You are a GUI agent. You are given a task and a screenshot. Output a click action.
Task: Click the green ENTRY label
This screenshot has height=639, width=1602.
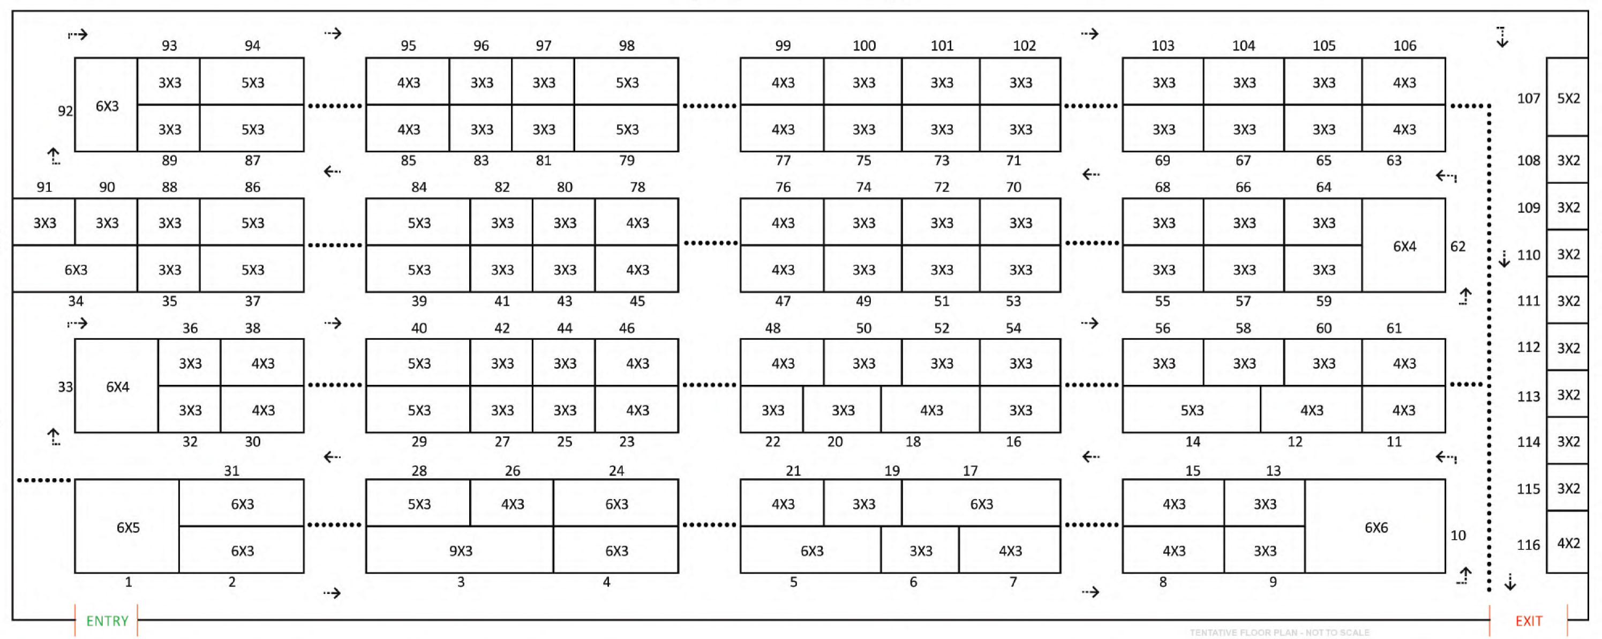pos(107,620)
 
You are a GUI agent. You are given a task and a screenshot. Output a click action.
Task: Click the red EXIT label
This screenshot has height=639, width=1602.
pos(1528,620)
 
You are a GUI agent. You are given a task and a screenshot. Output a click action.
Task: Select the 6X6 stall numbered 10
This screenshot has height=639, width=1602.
pos(1375,526)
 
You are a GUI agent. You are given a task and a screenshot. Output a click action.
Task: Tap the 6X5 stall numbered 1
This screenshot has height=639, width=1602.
pos(127,526)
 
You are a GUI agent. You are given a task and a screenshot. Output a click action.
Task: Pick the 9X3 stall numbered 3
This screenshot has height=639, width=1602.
pos(460,550)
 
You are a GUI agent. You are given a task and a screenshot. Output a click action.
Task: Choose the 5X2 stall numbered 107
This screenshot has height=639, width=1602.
pos(1567,98)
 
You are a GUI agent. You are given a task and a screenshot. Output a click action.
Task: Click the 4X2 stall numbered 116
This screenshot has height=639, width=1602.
pos(1567,543)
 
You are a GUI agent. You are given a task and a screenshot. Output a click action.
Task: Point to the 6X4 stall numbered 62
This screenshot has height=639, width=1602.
pos(1404,246)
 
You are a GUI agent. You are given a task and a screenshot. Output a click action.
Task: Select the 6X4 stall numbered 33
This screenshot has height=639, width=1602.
pos(117,387)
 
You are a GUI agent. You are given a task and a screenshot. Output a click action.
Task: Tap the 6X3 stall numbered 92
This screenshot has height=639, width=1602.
pos(107,106)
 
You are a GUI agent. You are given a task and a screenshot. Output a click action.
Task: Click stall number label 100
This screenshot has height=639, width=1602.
pos(863,46)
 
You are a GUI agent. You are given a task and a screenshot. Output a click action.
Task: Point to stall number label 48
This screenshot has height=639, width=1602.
pos(772,328)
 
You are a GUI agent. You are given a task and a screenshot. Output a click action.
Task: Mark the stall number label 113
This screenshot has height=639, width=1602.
pos(1528,396)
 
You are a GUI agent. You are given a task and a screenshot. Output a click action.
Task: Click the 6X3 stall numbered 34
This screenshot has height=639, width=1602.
pos(75,270)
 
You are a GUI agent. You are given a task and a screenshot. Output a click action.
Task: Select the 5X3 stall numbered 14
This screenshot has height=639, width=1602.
pos(1192,410)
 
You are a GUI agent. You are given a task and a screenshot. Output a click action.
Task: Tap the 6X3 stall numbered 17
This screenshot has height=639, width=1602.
pos(981,503)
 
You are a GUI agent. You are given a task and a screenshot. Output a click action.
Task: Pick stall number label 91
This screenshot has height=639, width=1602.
pos(44,187)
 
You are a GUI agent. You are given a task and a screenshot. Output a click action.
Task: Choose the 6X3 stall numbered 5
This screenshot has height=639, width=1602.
pos(811,550)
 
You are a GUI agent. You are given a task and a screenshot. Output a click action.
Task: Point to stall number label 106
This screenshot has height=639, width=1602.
pos(1404,46)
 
